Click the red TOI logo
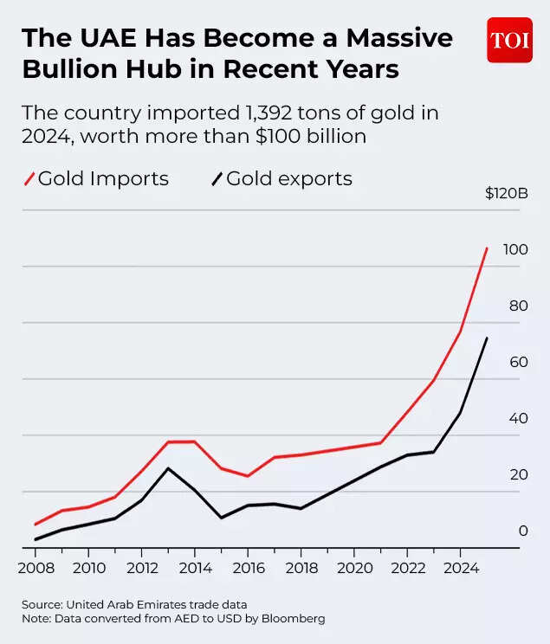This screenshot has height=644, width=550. (509, 41)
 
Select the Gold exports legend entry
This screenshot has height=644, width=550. (281, 179)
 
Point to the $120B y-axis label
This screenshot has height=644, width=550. (506, 193)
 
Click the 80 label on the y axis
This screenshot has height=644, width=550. (518, 306)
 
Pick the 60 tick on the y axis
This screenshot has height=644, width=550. (518, 362)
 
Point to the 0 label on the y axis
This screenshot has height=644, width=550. (522, 531)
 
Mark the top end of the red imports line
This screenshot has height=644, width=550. (487, 248)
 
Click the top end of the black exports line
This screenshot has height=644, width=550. (487, 338)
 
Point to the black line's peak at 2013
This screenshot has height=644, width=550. (167, 468)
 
